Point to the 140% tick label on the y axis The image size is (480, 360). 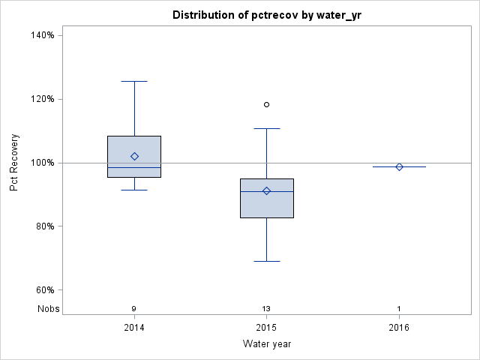pyautogui.click(x=41, y=35)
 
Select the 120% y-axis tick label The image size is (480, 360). pyautogui.click(x=41, y=99)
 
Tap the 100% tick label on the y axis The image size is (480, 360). pyautogui.click(x=41, y=163)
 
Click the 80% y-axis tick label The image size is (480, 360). pyautogui.click(x=43, y=226)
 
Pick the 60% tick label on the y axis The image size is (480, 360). pyautogui.click(x=43, y=290)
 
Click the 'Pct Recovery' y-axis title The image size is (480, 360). pyautogui.click(x=14, y=163)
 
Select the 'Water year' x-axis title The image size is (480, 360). pyautogui.click(x=267, y=344)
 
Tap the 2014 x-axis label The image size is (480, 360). pyautogui.click(x=134, y=328)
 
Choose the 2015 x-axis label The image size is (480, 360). pyautogui.click(x=267, y=328)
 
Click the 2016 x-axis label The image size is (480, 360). pyautogui.click(x=399, y=328)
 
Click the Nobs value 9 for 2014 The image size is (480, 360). pyautogui.click(x=134, y=308)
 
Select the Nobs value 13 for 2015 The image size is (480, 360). pyautogui.click(x=267, y=308)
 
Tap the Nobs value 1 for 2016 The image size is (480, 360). pyautogui.click(x=399, y=308)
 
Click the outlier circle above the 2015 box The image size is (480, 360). pyautogui.click(x=267, y=104)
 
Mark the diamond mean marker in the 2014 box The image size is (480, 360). pyautogui.click(x=134, y=156)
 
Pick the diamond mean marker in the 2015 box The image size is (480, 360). pyautogui.click(x=267, y=191)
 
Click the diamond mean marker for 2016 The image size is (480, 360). pyautogui.click(x=399, y=166)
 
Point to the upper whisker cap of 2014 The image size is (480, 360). pyautogui.click(x=134, y=81)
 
